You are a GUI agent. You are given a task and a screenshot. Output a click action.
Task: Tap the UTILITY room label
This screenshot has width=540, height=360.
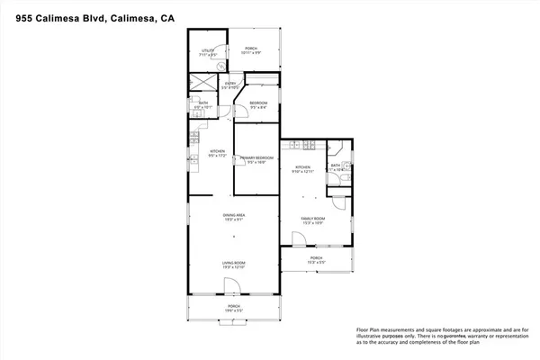pyautogui.click(x=209, y=52)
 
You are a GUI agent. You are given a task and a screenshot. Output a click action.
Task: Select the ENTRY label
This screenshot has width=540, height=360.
pyautogui.click(x=230, y=86)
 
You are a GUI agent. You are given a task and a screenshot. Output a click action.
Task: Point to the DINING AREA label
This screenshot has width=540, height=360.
pyautogui.click(x=234, y=217)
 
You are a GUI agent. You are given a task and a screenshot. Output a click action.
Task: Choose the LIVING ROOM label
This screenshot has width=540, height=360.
pyautogui.click(x=234, y=265)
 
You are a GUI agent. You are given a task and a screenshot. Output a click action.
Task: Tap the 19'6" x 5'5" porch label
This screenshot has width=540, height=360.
pyautogui.click(x=234, y=308)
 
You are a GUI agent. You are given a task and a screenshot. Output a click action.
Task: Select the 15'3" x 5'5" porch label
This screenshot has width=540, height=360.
pyautogui.click(x=317, y=259)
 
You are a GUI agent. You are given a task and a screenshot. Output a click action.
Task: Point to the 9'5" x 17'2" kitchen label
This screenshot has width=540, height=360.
pyautogui.click(x=217, y=152)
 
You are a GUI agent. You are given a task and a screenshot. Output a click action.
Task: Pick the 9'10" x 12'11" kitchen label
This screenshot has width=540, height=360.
pyautogui.click(x=303, y=169)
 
